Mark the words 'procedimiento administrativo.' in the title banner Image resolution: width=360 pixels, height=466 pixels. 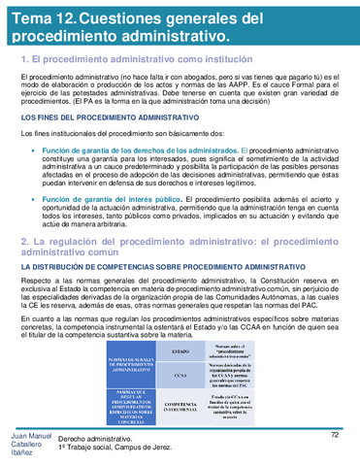[119, 36]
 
